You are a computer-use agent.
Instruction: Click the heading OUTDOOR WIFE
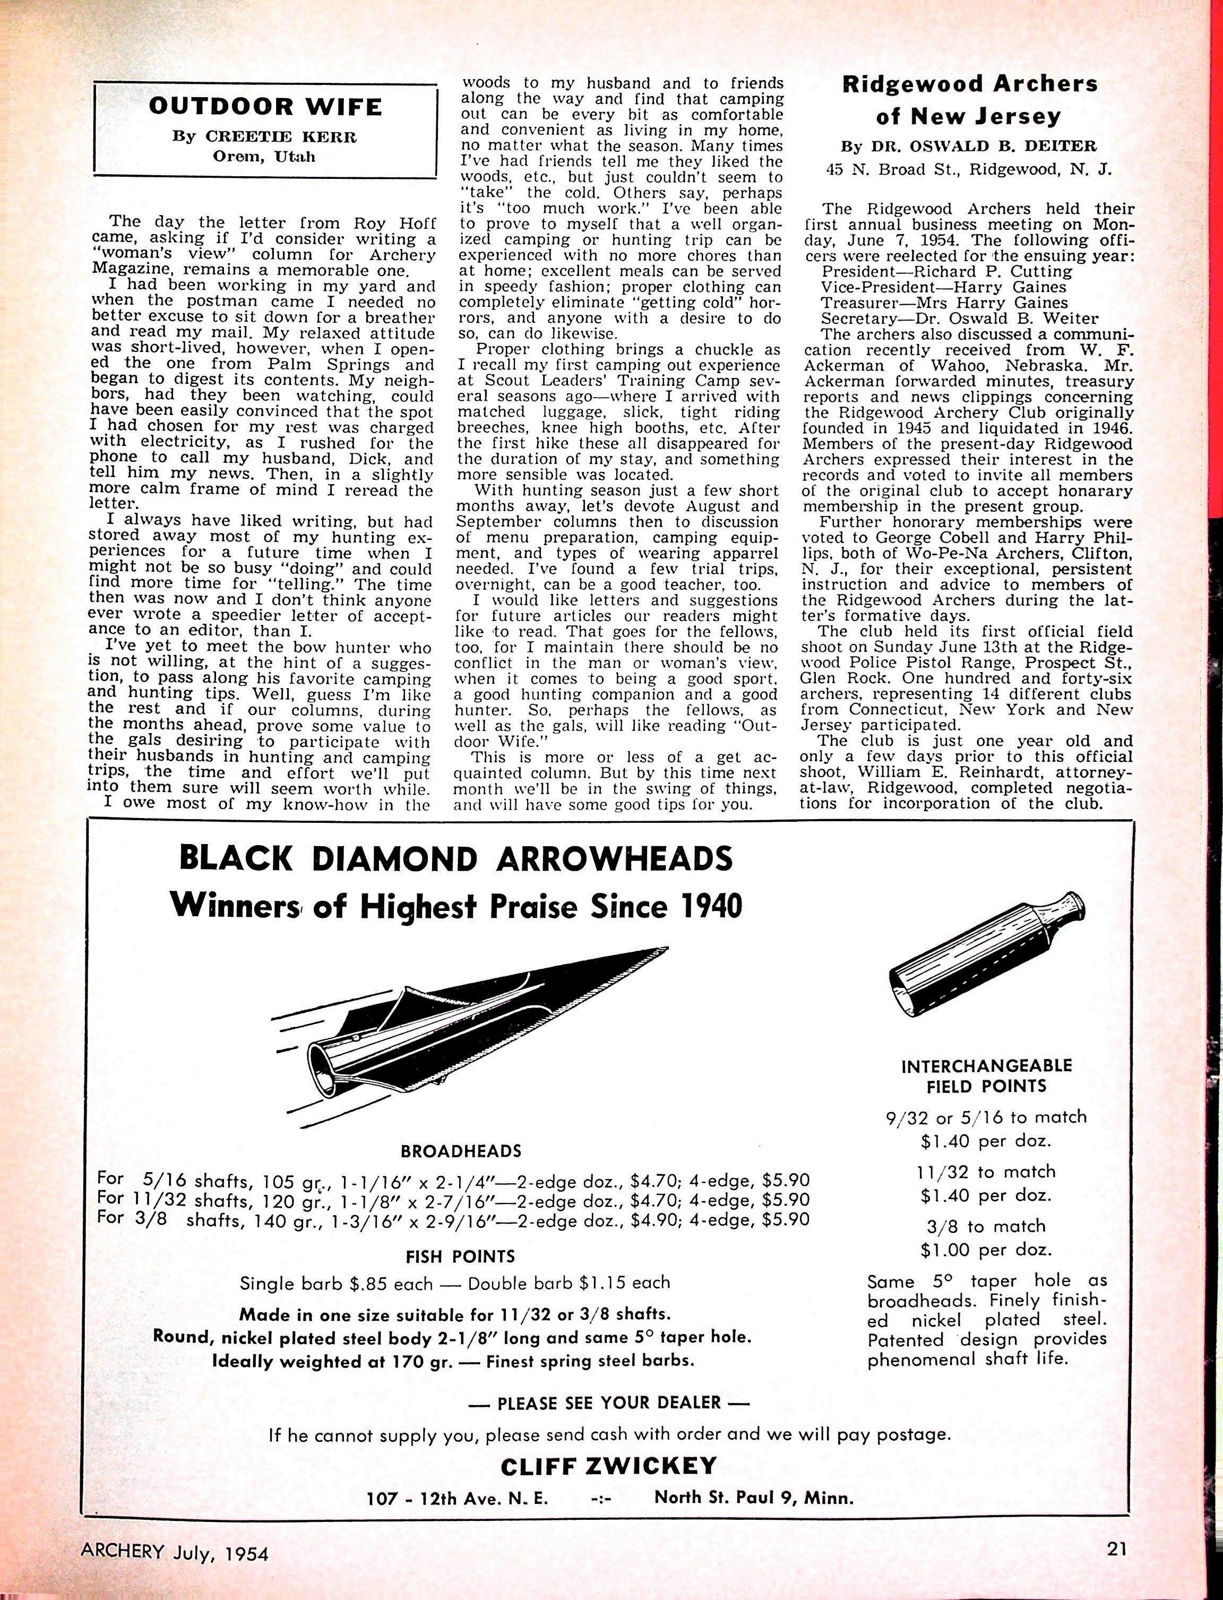pos(265,107)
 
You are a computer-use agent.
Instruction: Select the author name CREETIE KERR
pos(281,136)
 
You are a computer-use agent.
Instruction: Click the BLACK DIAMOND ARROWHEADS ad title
pos(456,859)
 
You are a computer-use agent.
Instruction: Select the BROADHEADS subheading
pos(461,1151)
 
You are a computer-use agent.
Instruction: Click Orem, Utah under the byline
pos(264,157)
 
